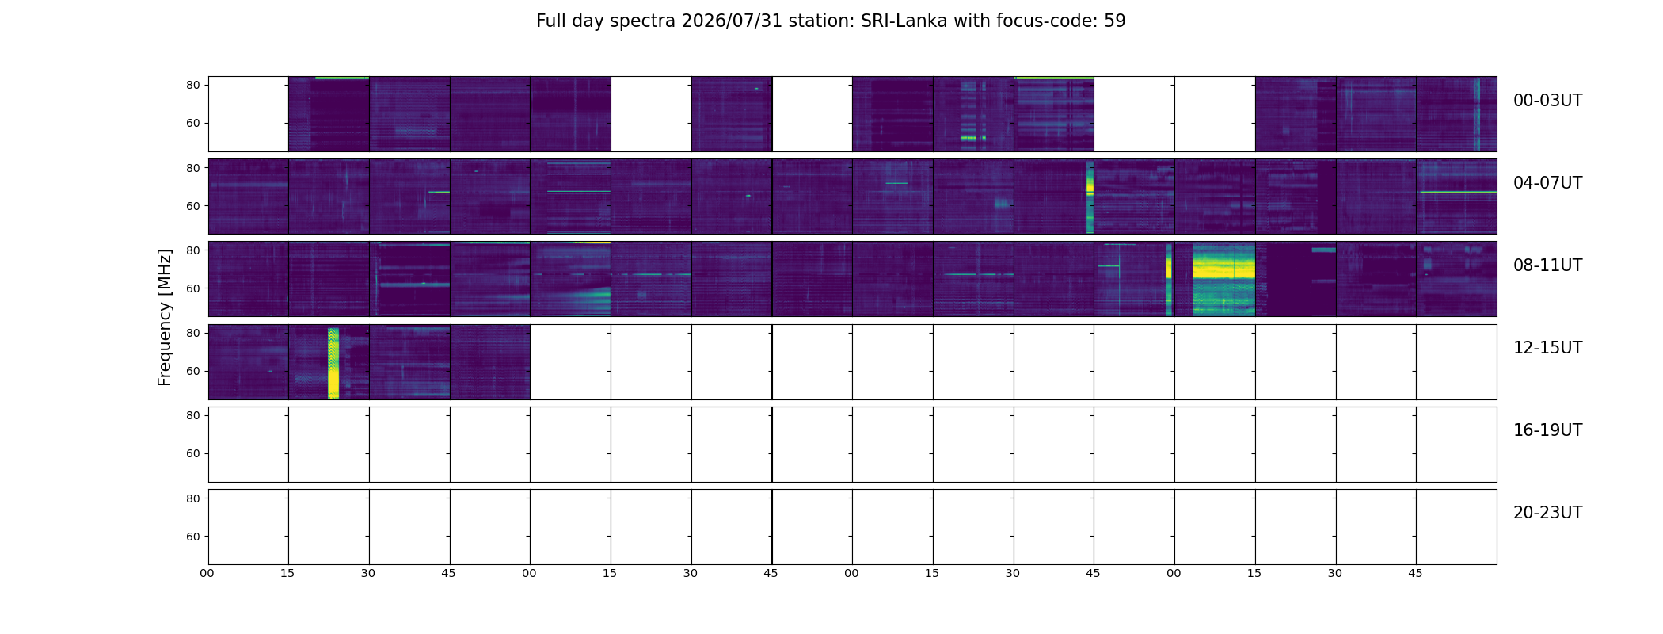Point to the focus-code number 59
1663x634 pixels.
pos(1115,21)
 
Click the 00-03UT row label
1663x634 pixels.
pos(1547,101)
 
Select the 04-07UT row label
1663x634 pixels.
pos(1547,183)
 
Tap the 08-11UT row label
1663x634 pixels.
pos(1547,265)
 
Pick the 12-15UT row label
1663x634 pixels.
pos(1547,348)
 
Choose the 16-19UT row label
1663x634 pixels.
pos(1547,430)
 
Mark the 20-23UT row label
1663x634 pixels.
pos(1547,513)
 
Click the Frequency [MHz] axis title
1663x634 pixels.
pos(165,318)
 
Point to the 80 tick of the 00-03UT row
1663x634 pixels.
pos(193,85)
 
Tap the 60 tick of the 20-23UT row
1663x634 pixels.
pos(193,537)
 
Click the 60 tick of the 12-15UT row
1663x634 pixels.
pos(193,371)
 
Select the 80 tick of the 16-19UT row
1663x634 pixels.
pos(193,415)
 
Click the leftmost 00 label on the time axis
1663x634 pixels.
pos(207,573)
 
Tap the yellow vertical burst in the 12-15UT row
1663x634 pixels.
pos(333,362)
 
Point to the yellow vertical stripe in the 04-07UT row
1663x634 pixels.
pos(1090,197)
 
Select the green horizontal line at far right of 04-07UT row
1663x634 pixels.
pos(1457,192)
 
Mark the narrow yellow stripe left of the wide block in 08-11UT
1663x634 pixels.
pos(1169,280)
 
